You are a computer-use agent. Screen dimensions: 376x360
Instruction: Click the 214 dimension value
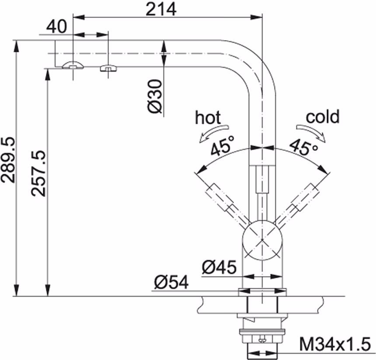click(161, 9)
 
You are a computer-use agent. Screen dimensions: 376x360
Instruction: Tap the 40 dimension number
click(56, 26)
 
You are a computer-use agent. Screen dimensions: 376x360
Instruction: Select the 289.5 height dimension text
click(8, 160)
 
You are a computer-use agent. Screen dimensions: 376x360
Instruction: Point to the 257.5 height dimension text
click(38, 173)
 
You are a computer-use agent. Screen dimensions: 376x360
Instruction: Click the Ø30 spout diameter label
click(155, 96)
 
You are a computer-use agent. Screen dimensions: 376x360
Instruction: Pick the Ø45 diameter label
click(219, 267)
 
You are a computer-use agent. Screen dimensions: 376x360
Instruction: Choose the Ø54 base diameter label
click(171, 282)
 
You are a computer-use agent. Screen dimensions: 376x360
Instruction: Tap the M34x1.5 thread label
click(335, 344)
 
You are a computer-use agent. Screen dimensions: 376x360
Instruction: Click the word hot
click(208, 117)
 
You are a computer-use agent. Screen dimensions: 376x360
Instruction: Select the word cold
click(323, 116)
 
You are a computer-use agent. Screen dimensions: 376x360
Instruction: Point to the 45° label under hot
click(222, 145)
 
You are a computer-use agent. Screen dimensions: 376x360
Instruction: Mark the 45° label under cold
click(303, 146)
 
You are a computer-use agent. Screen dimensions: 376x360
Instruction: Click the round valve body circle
click(262, 240)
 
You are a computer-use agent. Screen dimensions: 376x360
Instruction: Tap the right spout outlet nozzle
click(108, 68)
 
